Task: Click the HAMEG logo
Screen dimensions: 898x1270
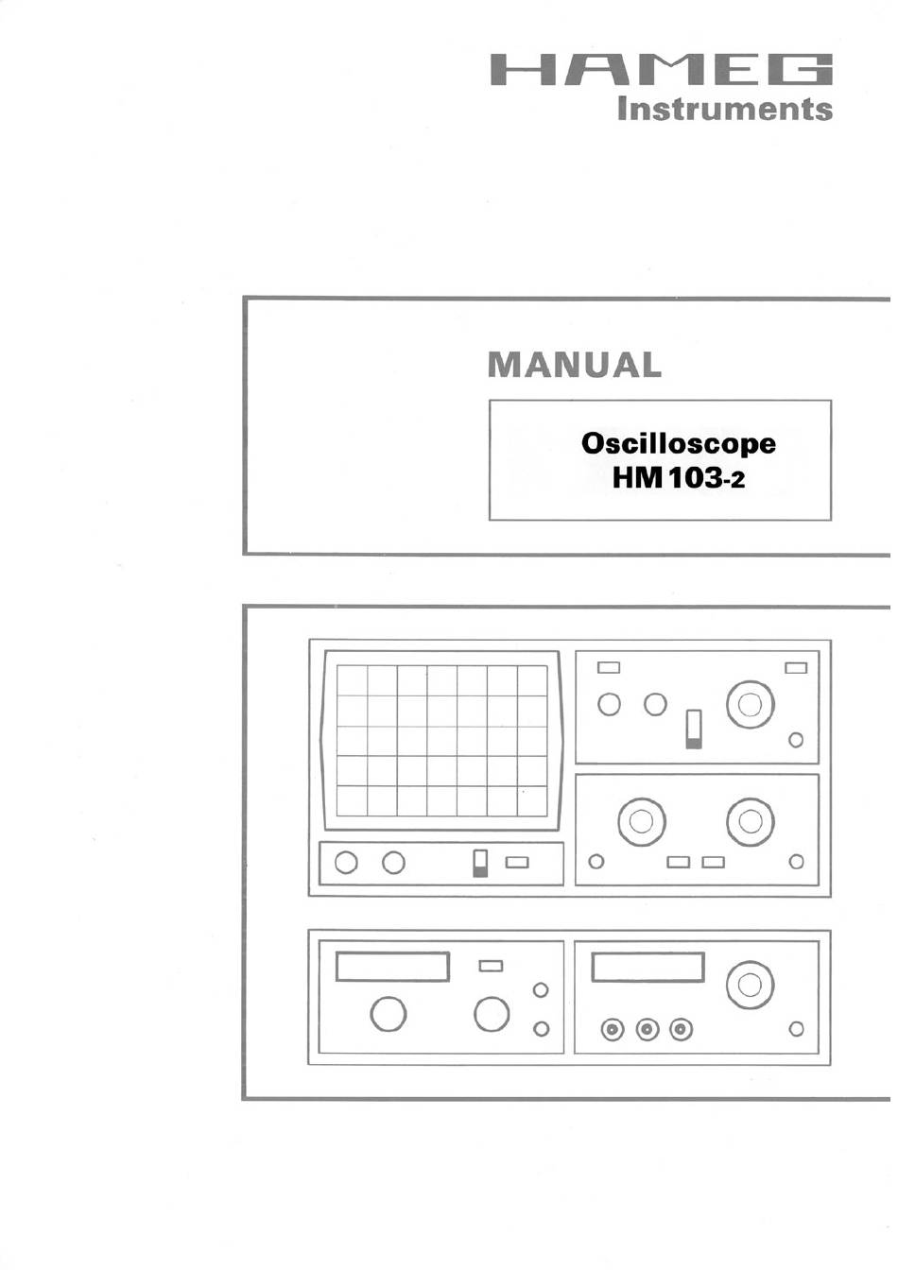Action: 661,70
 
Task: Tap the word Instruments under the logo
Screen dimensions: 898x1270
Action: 725,110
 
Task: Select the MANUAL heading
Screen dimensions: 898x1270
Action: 575,365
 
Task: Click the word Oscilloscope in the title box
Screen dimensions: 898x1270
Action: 679,444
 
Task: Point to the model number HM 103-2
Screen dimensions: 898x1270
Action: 679,479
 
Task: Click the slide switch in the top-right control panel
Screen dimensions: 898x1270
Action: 693,729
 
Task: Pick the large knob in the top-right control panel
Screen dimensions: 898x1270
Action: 750,705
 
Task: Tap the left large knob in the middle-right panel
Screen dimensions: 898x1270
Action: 642,821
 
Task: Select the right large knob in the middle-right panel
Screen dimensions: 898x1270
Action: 750,821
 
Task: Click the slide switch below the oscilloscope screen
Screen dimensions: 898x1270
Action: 480,864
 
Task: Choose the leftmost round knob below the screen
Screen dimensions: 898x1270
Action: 346,863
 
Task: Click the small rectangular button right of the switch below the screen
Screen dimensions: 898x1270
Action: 517,863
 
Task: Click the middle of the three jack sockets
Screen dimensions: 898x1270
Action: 647,1029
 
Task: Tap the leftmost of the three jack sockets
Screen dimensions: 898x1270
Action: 613,1029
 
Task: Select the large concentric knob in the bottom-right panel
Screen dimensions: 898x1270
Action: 750,985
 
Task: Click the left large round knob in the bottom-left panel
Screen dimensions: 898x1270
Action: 388,1014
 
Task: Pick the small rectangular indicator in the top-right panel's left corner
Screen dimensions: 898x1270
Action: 608,668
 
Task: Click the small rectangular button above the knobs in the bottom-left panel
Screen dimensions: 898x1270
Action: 491,966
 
